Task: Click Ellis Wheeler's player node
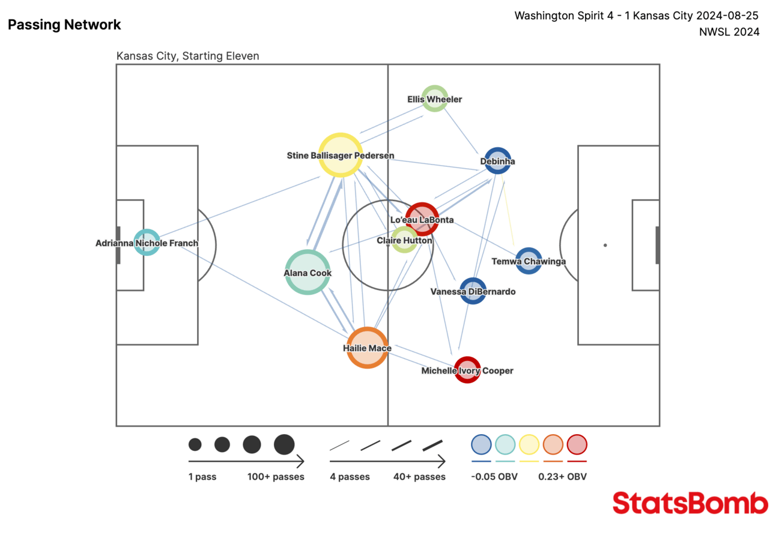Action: [x=435, y=98]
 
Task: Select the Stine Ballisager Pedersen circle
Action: [x=340, y=155]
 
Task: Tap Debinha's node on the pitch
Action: [x=497, y=161]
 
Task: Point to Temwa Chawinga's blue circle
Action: [x=529, y=261]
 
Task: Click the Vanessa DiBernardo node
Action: [x=473, y=291]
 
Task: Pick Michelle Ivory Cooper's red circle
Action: [x=467, y=370]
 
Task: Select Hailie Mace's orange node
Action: [x=367, y=348]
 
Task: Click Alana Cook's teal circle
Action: [x=308, y=272]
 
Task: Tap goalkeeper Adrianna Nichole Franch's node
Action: [x=147, y=243]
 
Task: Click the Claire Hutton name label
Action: [x=404, y=240]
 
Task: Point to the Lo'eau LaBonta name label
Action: [x=422, y=220]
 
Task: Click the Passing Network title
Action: [x=64, y=25]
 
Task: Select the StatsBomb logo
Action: [x=690, y=503]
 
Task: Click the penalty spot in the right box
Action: [x=605, y=245]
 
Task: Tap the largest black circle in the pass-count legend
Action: [x=284, y=444]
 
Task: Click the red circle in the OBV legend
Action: [x=577, y=444]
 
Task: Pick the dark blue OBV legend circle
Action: [x=481, y=444]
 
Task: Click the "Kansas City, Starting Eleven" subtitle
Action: [x=187, y=56]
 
